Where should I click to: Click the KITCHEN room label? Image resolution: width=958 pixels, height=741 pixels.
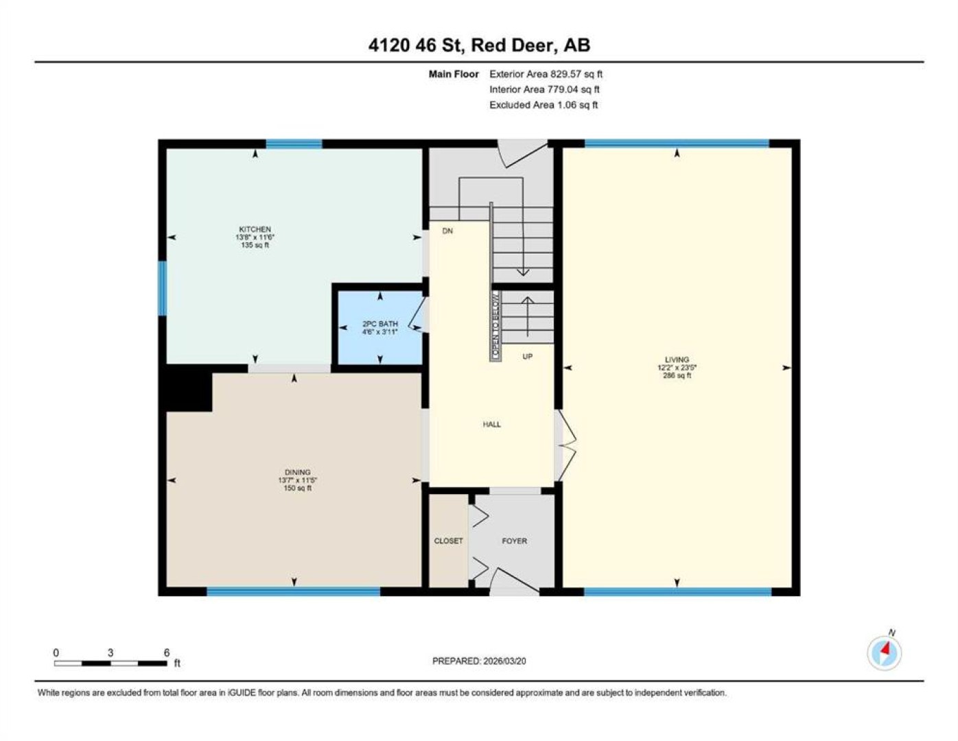255,228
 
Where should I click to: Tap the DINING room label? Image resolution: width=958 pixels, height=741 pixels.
298,472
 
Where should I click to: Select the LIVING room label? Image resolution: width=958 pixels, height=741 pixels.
677,360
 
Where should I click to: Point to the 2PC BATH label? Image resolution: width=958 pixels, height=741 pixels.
380,324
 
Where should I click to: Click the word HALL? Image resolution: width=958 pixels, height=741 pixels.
491,424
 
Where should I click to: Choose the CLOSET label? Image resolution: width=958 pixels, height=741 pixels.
448,541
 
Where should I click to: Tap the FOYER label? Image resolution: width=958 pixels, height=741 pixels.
514,541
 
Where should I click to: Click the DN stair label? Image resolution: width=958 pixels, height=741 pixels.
447,231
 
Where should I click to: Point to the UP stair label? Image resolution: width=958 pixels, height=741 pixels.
527,356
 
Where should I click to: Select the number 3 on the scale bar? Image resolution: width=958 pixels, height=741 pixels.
110,653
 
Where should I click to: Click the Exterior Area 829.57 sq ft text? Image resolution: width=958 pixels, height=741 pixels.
546,74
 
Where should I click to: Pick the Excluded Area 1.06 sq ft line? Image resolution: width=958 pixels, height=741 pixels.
544,105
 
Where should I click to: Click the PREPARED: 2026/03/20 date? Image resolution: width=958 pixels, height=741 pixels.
479,661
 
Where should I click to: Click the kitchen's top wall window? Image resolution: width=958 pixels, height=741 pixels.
294,143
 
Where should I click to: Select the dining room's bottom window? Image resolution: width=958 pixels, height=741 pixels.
294,591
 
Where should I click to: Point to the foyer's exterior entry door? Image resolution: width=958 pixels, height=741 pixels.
514,582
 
